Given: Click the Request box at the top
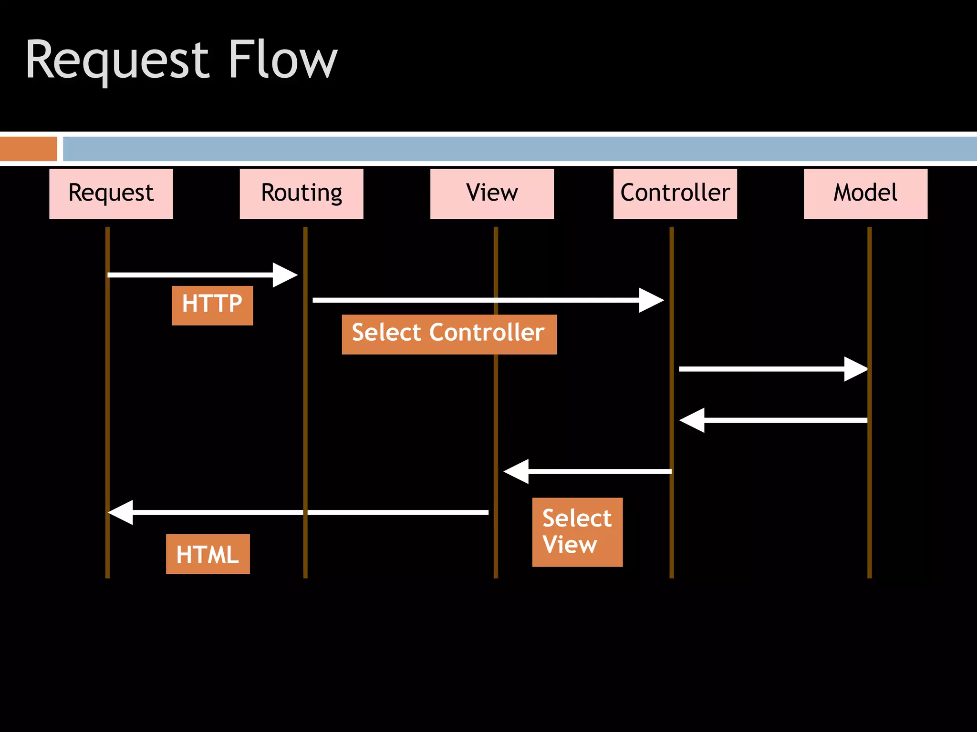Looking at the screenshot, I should (x=111, y=193).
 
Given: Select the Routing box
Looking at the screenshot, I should (x=301, y=193).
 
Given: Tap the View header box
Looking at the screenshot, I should (x=492, y=193).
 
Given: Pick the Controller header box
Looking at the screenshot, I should (x=675, y=193).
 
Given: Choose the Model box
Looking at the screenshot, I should (x=865, y=193).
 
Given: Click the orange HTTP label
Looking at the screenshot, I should (x=212, y=305).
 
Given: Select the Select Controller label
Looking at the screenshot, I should (x=448, y=334).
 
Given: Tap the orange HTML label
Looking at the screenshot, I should (x=208, y=553).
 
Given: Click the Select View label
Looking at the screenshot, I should (x=577, y=531).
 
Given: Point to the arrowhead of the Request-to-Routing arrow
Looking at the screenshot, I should (x=286, y=275).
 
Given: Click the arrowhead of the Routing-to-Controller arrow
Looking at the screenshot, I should (x=653, y=300).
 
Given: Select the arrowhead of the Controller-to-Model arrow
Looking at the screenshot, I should (x=857, y=369).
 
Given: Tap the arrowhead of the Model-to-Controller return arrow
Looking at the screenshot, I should (x=691, y=420).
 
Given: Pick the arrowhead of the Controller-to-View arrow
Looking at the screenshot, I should (x=515, y=471).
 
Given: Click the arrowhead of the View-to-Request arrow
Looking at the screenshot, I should (x=120, y=512).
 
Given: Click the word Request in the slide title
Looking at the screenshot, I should (x=117, y=61).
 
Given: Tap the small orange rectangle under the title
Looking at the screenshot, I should (x=28, y=149).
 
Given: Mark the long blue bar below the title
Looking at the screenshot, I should (x=519, y=149).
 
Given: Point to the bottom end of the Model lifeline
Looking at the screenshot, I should (x=869, y=575).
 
